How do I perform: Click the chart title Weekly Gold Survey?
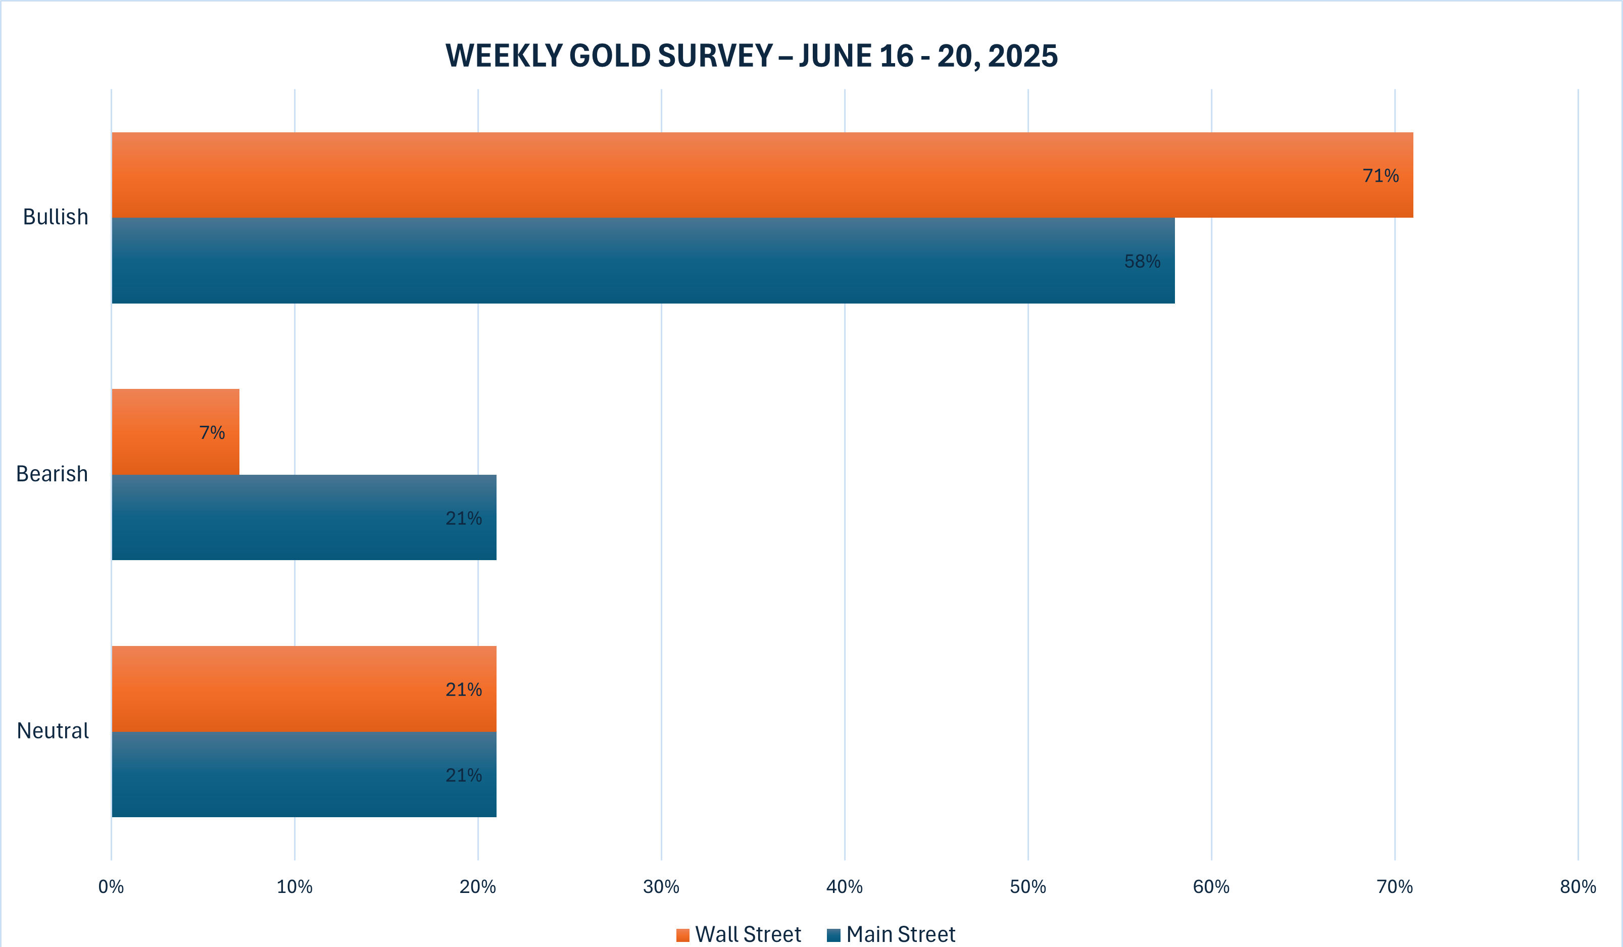[751, 56]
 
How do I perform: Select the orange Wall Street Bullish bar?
[762, 175]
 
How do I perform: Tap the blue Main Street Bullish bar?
[643, 261]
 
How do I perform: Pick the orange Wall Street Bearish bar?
[175, 432]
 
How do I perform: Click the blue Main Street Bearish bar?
[304, 518]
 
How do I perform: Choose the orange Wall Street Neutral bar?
[304, 689]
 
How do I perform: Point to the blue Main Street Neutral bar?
[304, 774]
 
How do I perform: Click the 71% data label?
[1380, 176]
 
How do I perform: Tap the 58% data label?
[1142, 262]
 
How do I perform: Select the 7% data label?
[212, 433]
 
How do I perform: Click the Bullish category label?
[56, 217]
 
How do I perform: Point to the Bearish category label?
[52, 474]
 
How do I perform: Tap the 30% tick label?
[661, 887]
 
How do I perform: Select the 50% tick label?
[1028, 887]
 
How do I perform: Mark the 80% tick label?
[1578, 887]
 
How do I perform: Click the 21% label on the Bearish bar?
[464, 518]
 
